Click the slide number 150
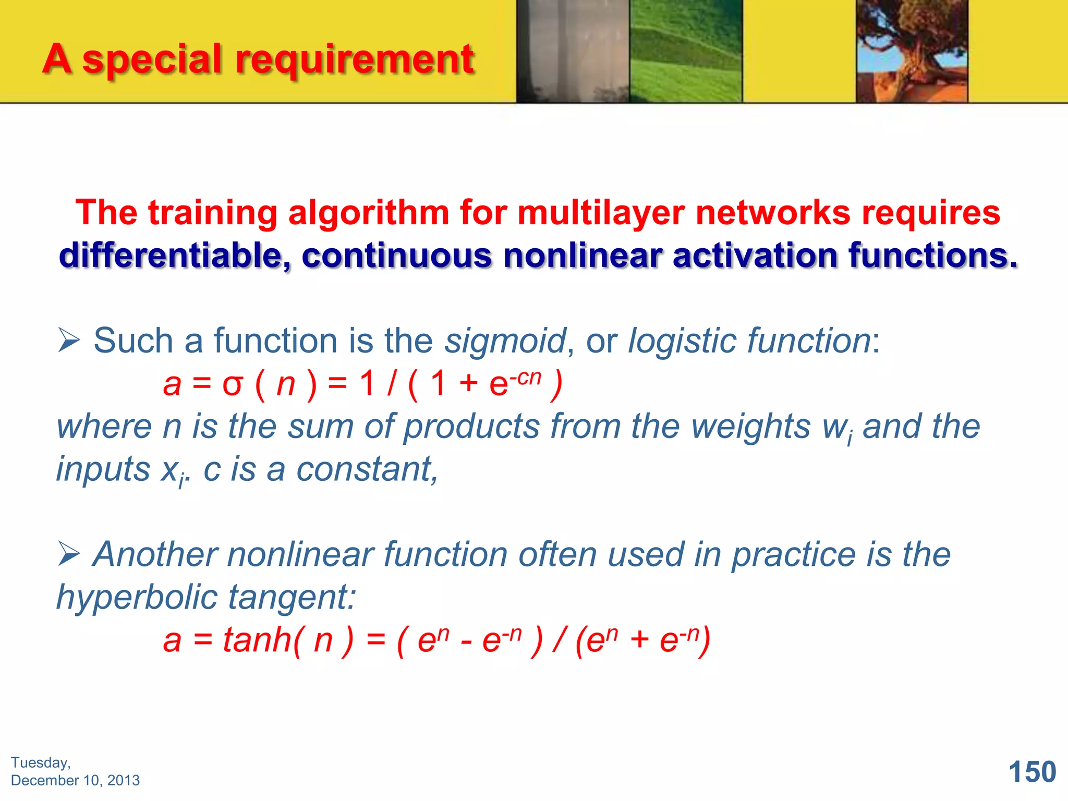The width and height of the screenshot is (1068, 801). click(x=1032, y=772)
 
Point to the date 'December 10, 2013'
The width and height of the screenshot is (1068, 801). click(x=75, y=780)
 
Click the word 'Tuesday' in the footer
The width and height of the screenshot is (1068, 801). click(x=40, y=762)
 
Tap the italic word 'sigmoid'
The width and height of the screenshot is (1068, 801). click(x=505, y=341)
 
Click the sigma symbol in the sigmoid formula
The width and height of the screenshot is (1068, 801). click(x=233, y=385)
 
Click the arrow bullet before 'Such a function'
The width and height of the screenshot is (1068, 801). click(x=69, y=341)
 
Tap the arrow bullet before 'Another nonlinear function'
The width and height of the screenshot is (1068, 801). click(x=69, y=554)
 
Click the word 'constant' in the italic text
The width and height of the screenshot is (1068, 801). click(x=363, y=469)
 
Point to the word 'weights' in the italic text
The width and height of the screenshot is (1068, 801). click(x=750, y=427)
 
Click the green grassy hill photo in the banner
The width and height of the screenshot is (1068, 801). click(x=686, y=51)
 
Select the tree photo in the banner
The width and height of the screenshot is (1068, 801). click(x=912, y=51)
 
